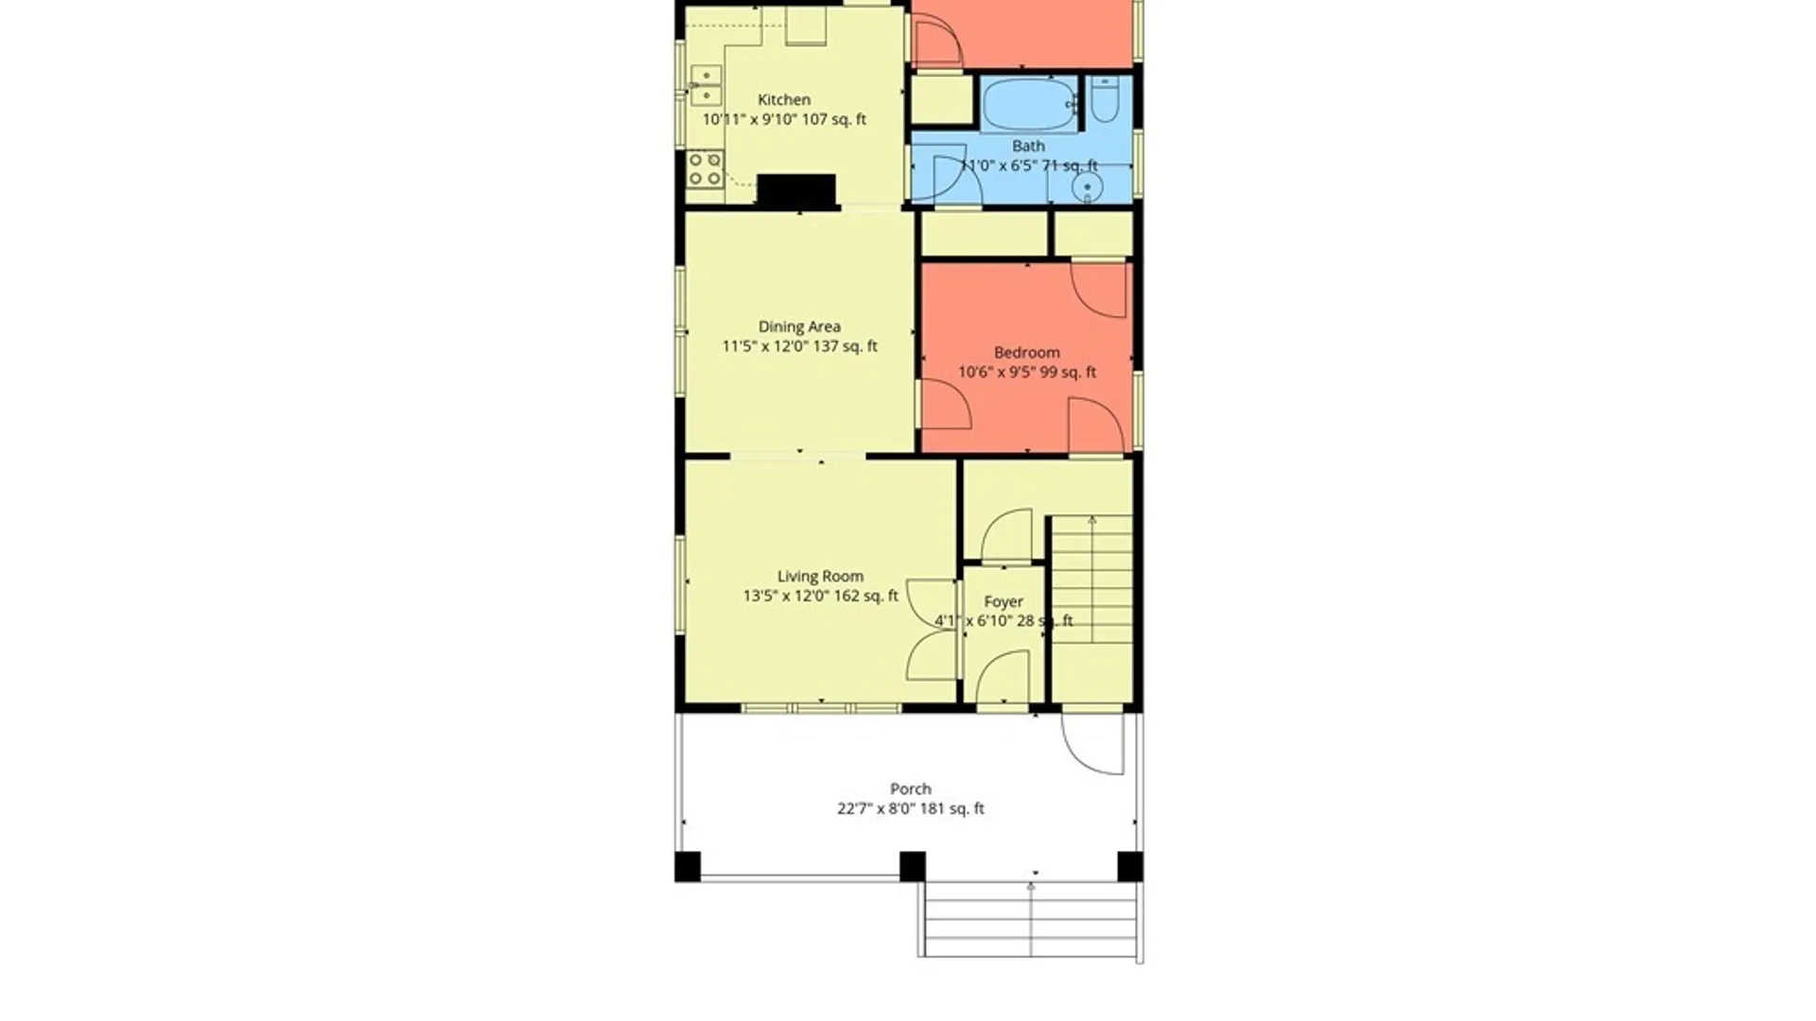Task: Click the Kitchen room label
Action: (784, 99)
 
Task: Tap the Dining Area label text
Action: (799, 326)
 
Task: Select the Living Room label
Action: (820, 576)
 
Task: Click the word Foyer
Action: (1004, 601)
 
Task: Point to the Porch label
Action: (911, 788)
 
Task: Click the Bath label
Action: (1028, 146)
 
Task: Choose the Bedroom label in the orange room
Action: (1026, 353)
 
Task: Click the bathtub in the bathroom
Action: (1029, 103)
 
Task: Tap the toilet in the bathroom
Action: (1105, 100)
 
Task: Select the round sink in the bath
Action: (1087, 188)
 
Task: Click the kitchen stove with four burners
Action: (705, 169)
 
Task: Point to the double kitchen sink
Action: (705, 85)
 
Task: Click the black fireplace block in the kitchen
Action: (796, 189)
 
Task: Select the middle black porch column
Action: (912, 866)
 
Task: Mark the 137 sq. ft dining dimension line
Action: (799, 346)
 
